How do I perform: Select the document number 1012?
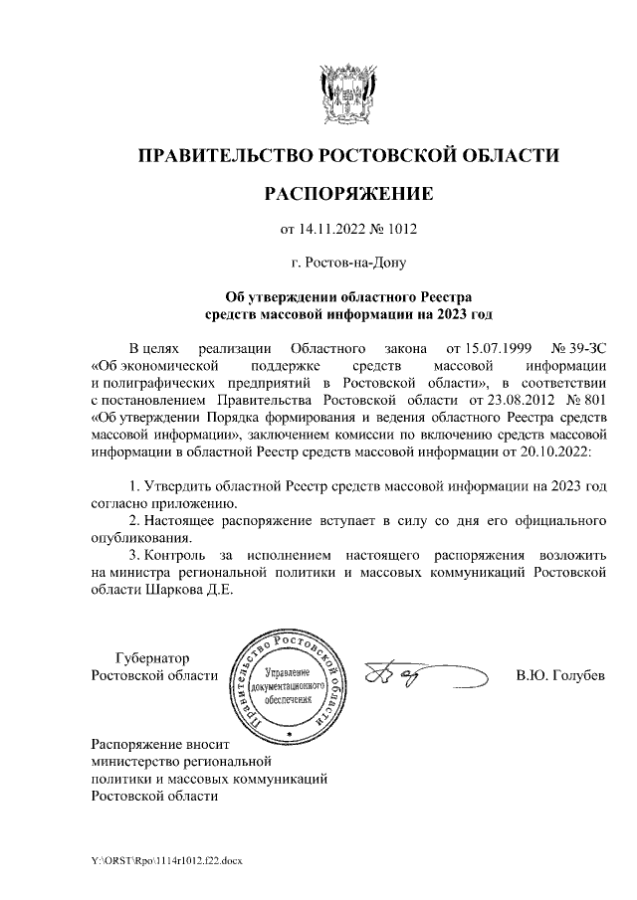[x=396, y=231]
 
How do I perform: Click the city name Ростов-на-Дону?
[x=347, y=263]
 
